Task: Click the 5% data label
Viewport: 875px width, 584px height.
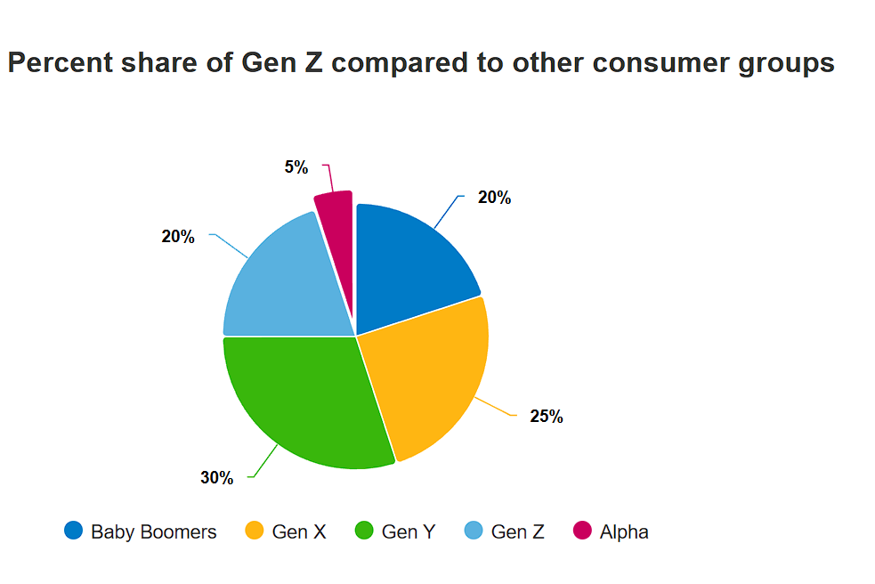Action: (296, 167)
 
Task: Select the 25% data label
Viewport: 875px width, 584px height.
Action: (547, 417)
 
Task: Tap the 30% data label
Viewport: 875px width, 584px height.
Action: (216, 478)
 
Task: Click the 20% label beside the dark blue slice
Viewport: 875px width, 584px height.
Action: (494, 198)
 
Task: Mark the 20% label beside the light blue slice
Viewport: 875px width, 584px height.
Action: (178, 237)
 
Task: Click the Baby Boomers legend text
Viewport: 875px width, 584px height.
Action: (153, 532)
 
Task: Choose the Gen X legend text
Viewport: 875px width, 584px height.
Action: (298, 532)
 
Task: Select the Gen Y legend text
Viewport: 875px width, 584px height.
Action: (408, 532)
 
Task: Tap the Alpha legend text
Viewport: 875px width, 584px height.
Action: (624, 532)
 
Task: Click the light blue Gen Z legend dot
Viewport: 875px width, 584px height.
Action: (474, 531)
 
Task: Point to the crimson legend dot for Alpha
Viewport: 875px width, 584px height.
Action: (582, 531)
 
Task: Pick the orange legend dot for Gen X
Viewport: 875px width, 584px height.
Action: (254, 531)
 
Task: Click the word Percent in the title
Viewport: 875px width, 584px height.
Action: (61, 62)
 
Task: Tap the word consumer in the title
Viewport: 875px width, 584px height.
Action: (660, 63)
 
